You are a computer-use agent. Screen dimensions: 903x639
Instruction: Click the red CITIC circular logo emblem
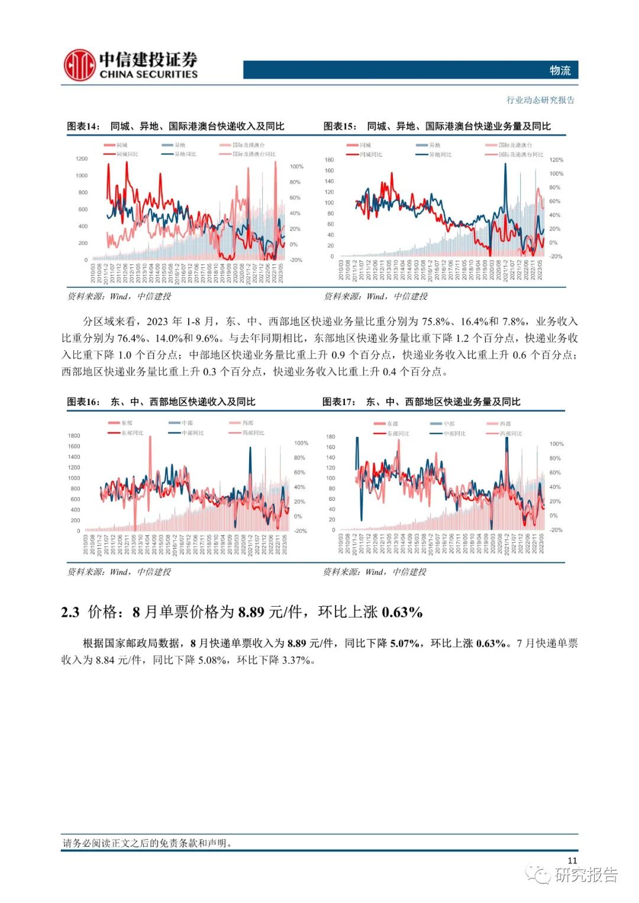click(x=79, y=65)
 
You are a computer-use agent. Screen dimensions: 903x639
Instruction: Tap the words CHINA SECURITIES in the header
click(x=149, y=75)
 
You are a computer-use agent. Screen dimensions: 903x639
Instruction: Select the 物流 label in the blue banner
click(x=560, y=70)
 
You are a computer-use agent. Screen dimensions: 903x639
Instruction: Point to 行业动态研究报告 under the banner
click(x=540, y=100)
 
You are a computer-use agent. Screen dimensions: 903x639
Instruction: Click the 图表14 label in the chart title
click(x=83, y=126)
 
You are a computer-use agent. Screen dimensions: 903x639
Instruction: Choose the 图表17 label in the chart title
click(x=339, y=402)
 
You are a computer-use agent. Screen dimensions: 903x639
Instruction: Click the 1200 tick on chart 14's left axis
click(x=82, y=158)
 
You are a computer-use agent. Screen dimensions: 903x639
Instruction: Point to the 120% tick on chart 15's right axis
click(x=556, y=160)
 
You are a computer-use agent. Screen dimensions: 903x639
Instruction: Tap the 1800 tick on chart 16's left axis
click(x=74, y=436)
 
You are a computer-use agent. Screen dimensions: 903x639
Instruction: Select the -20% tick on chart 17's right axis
click(x=556, y=530)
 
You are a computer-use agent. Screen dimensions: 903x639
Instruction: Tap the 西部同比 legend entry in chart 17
click(x=511, y=433)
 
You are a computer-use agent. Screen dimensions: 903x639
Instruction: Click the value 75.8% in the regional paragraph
click(x=437, y=322)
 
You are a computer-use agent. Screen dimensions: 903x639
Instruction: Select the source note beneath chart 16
click(x=119, y=572)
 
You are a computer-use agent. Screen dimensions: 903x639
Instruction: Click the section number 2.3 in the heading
click(x=70, y=612)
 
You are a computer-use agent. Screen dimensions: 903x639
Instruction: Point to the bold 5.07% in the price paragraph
click(x=405, y=643)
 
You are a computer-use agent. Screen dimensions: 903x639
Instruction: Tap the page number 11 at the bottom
click(x=572, y=860)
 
